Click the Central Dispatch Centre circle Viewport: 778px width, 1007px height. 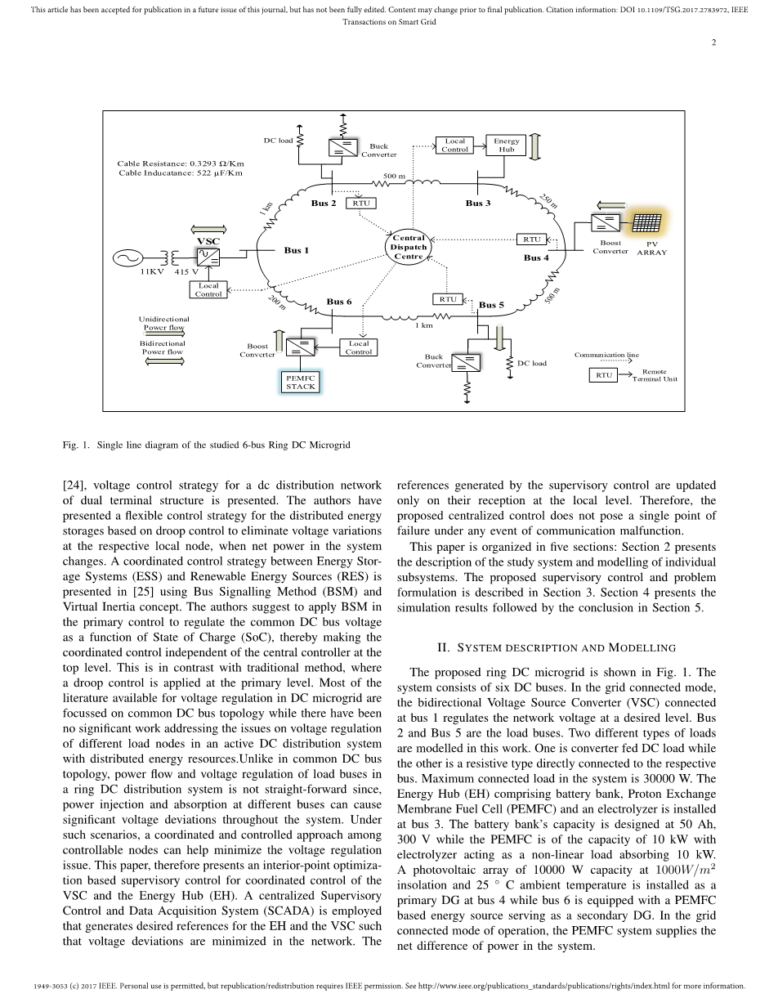(409, 246)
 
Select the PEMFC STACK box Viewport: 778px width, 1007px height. (300, 382)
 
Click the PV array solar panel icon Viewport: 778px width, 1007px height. (646, 223)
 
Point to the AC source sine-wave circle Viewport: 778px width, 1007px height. (127, 258)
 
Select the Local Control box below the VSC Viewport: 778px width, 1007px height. (208, 290)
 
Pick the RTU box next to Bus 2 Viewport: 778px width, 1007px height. (361, 203)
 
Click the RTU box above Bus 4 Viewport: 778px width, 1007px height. (532, 239)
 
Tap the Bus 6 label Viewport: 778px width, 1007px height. (339, 302)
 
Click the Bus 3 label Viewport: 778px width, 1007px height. (478, 203)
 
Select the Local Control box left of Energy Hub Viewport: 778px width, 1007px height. (454, 145)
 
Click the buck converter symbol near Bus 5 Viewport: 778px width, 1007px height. (467, 363)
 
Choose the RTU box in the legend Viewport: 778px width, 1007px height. (603, 375)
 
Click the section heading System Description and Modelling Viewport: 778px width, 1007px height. (557, 648)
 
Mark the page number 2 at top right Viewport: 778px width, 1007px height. (713, 43)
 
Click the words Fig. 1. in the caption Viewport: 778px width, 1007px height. (75, 445)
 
